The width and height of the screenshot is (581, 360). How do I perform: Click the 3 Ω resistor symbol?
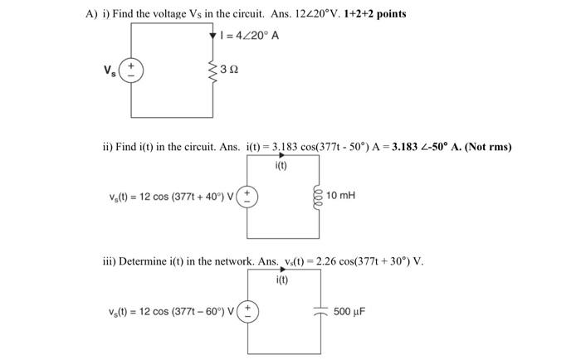pos(213,71)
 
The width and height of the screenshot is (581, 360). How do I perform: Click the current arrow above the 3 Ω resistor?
pos(213,35)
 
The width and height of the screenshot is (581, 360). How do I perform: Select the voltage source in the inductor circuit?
pos(248,197)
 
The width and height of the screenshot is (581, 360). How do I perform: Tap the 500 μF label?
pos(349,313)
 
